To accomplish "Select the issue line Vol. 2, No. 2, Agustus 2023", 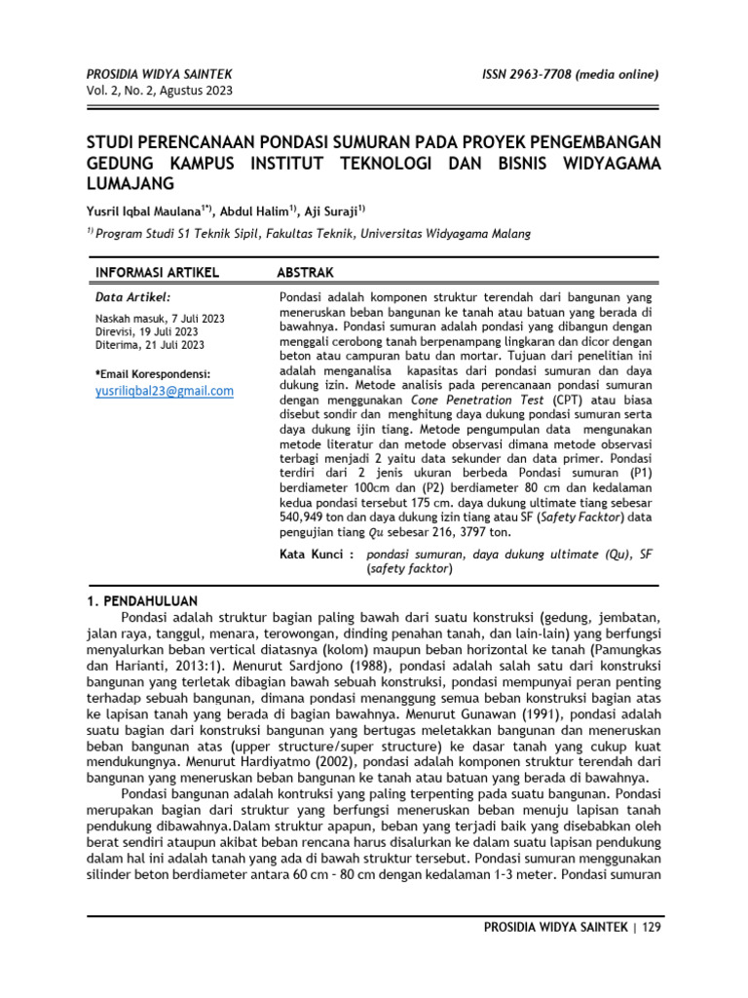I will tap(161, 92).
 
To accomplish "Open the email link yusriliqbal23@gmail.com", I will tap(165, 391).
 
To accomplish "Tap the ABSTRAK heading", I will tap(308, 271).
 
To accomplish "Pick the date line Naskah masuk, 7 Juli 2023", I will tap(160, 319).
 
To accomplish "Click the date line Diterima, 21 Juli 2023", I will tap(150, 344).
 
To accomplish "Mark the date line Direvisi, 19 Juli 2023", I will tap(146, 331).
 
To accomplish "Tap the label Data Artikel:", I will tap(132, 296).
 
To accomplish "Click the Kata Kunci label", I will tap(316, 554).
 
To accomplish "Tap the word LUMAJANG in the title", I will tap(131, 183).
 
